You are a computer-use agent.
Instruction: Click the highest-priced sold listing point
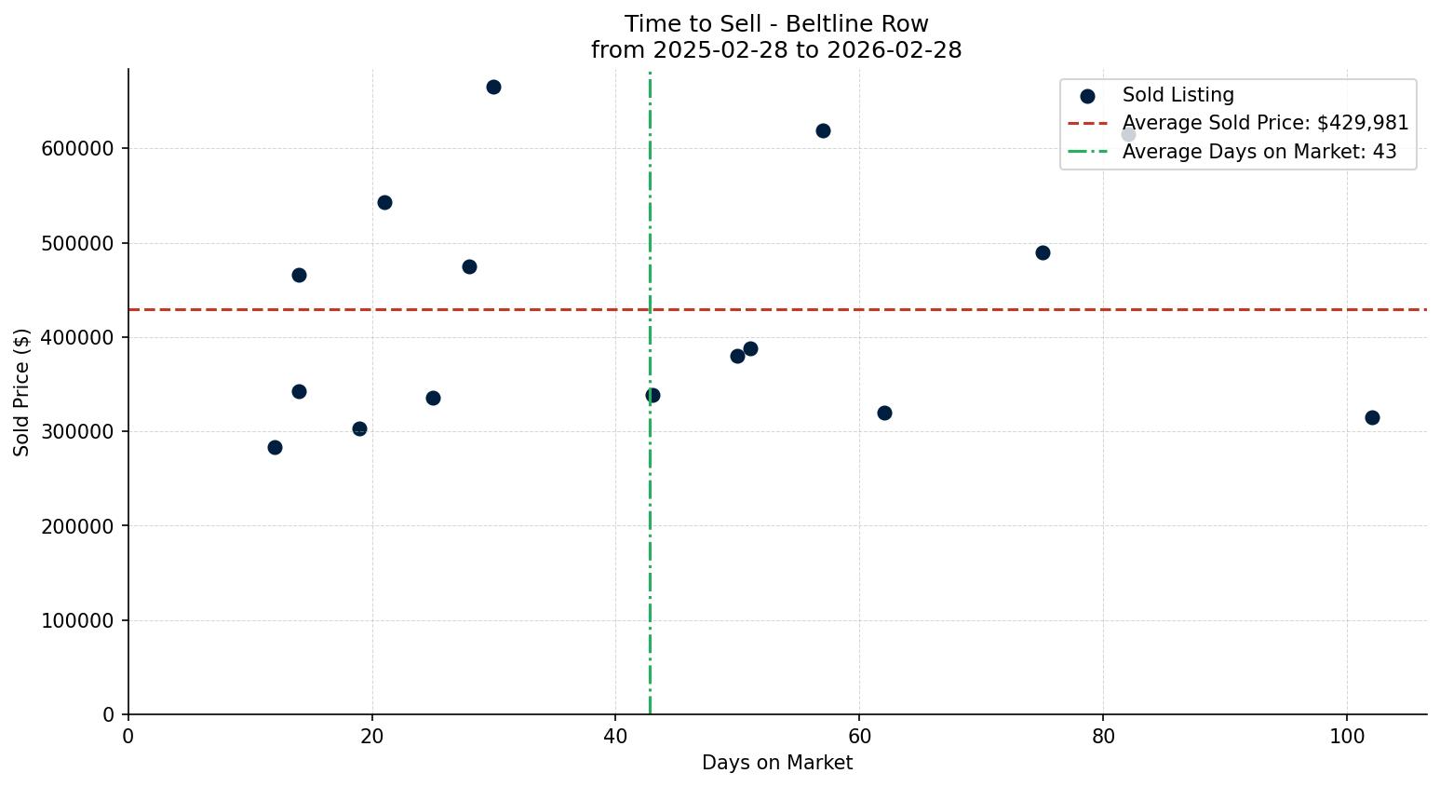click(493, 88)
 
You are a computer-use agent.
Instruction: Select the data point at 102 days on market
click(1372, 417)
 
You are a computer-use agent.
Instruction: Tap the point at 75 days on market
click(1043, 252)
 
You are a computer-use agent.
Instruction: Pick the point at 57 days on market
click(823, 130)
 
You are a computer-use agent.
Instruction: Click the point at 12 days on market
click(275, 447)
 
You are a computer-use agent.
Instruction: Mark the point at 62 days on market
click(884, 413)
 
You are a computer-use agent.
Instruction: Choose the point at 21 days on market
click(384, 202)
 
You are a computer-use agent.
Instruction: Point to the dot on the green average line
click(653, 395)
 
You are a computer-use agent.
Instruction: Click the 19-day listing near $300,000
click(359, 428)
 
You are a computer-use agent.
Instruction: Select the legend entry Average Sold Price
click(1265, 123)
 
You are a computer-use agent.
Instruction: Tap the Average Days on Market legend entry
click(1258, 152)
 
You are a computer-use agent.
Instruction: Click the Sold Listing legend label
click(1178, 95)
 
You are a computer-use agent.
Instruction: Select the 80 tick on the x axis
click(1103, 736)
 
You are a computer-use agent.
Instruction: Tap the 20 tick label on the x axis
click(372, 736)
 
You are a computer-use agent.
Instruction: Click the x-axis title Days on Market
click(776, 763)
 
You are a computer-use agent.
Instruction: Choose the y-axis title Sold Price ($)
click(22, 392)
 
